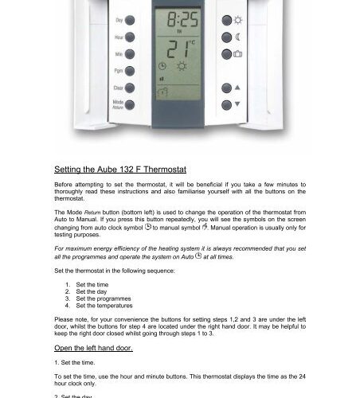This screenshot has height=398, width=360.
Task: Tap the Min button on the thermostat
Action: point(128,54)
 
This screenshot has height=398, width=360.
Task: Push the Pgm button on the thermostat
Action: point(128,71)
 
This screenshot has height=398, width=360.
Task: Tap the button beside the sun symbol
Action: point(227,20)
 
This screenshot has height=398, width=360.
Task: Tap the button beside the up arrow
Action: point(227,88)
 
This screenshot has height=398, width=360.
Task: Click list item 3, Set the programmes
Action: point(104,298)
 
